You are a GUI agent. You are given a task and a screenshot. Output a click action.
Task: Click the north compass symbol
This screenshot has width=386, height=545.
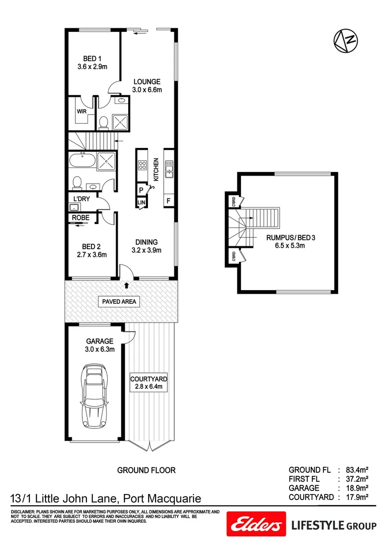click(346, 40)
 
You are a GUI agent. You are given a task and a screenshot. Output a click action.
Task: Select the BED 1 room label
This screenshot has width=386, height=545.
click(93, 59)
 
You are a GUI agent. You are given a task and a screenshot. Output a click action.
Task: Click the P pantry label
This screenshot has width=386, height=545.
click(140, 190)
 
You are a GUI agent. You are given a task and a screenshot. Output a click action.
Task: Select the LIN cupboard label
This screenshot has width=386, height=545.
click(140, 203)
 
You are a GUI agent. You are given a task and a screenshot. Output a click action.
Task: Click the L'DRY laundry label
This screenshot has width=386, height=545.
click(81, 199)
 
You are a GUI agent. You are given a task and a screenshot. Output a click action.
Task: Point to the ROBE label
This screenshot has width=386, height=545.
click(81, 217)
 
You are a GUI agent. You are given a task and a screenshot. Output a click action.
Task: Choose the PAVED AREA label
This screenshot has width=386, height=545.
click(118, 302)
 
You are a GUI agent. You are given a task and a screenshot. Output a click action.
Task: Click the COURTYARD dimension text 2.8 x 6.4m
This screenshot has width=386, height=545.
click(149, 387)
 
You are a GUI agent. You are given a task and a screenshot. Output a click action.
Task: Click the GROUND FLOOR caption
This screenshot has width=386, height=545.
click(147, 470)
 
